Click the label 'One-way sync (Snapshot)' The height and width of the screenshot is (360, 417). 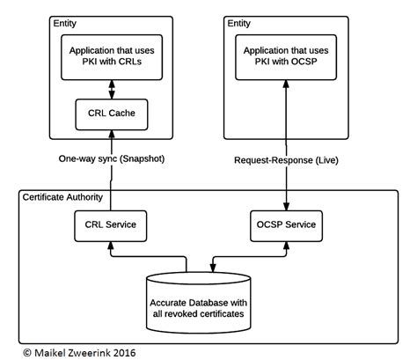112,161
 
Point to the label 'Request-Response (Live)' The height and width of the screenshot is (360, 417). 287,161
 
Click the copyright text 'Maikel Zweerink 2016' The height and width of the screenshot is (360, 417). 84,350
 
